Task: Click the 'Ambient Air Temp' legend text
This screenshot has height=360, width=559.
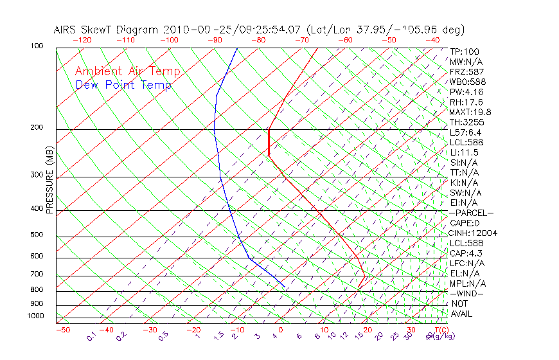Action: pyautogui.click(x=127, y=72)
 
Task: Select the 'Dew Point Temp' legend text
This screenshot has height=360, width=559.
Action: pyautogui.click(x=123, y=85)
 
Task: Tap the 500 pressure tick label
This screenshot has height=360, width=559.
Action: pyautogui.click(x=37, y=235)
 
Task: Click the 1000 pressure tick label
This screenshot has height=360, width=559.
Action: pyautogui.click(x=35, y=316)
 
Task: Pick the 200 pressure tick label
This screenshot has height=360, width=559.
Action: pyautogui.click(x=37, y=128)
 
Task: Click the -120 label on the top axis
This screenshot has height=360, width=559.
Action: pyautogui.click(x=82, y=40)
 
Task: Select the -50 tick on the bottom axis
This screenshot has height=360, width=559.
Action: pyautogui.click(x=62, y=330)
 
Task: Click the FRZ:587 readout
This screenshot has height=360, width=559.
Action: pyautogui.click(x=467, y=72)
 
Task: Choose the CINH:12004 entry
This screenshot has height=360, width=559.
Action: pyautogui.click(x=474, y=233)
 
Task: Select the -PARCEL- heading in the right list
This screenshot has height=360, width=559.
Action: pyautogui.click(x=471, y=213)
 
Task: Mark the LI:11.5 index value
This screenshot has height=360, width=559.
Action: pyautogui.click(x=464, y=152)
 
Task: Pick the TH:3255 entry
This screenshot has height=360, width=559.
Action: pyautogui.click(x=466, y=122)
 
